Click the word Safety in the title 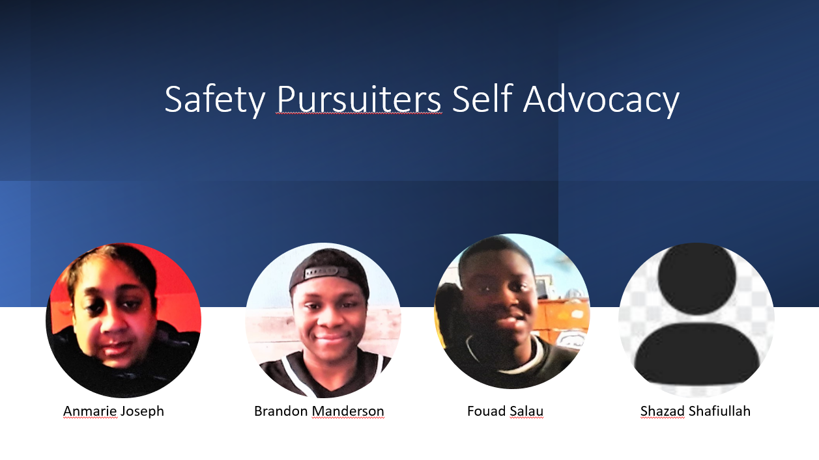tap(215, 100)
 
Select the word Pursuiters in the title tap(359, 100)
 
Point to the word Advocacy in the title tap(601, 100)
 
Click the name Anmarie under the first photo tap(91, 411)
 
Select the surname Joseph tap(142, 412)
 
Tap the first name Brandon tap(281, 411)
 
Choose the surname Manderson tap(348, 411)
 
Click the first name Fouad tap(487, 411)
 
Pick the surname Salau tap(526, 411)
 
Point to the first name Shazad tap(663, 411)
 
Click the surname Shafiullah tap(719, 411)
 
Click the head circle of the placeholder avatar tap(697, 278)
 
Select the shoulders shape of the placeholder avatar tap(697, 353)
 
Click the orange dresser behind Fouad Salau tap(563, 321)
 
